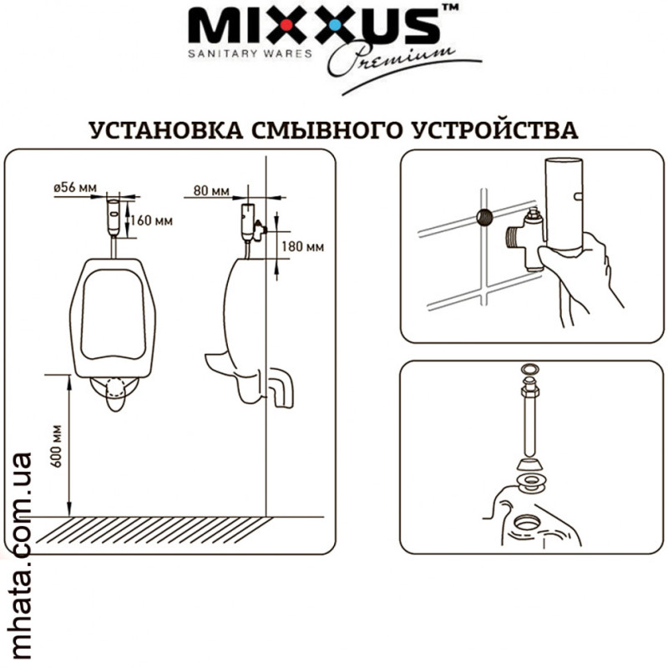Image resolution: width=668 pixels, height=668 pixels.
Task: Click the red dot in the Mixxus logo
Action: (x=286, y=26)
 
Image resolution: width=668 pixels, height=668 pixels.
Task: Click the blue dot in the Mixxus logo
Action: (x=336, y=25)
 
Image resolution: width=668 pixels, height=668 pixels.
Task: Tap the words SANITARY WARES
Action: (x=250, y=53)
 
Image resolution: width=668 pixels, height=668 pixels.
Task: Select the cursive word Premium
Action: (x=390, y=58)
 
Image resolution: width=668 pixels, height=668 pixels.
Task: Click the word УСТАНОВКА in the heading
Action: (x=166, y=130)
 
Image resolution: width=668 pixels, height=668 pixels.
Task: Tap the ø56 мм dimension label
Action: (x=75, y=187)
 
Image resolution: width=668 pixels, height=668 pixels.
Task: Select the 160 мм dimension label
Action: (x=152, y=220)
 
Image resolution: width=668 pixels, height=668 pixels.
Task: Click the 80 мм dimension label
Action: (x=211, y=190)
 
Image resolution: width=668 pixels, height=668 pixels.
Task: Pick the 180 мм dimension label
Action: (x=302, y=246)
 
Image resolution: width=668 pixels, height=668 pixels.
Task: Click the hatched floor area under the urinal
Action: (x=154, y=530)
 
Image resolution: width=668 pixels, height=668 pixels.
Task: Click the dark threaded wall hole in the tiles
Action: (x=484, y=217)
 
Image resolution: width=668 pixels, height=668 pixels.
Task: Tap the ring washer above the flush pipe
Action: (x=529, y=368)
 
